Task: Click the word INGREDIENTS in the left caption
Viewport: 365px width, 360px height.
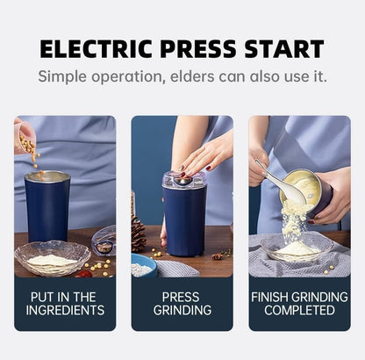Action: pos(65,310)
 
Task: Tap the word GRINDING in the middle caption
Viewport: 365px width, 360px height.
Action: pos(182,310)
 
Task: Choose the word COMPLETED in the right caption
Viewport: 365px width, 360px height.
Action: pos(299,310)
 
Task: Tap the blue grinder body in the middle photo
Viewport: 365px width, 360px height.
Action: pos(183,224)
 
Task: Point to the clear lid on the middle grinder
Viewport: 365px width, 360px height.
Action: pos(183,179)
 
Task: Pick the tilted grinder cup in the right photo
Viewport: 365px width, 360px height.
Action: pos(311,189)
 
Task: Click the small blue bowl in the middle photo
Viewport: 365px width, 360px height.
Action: pos(143,267)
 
